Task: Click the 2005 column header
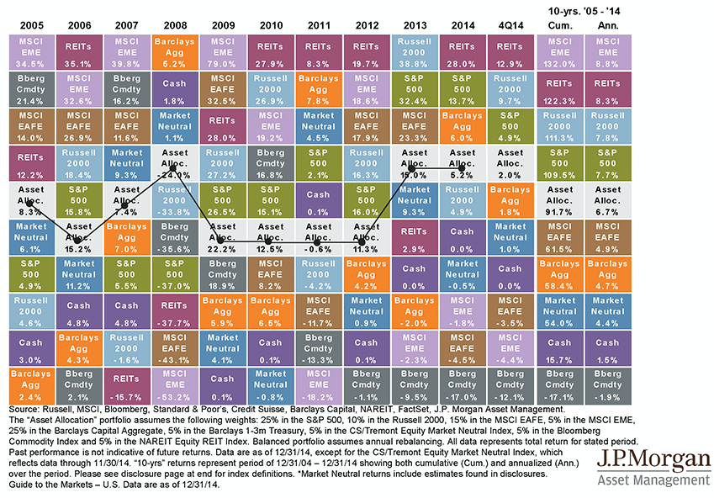[26, 26]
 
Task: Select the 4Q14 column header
[510, 26]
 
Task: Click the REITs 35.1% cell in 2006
[75, 50]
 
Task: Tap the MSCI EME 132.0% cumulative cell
[559, 50]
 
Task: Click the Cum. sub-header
[559, 26]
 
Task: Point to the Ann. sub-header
[608, 26]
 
